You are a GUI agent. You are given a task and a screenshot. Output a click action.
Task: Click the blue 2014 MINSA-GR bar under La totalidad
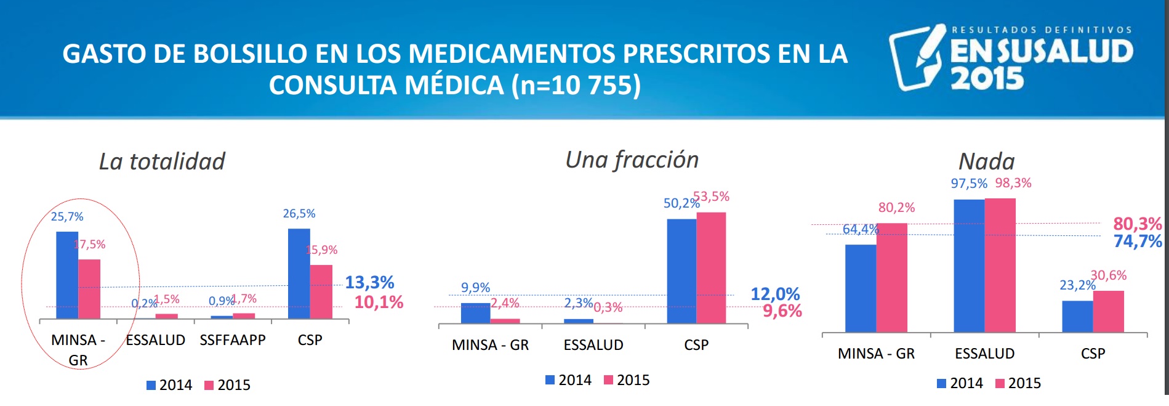point(67,275)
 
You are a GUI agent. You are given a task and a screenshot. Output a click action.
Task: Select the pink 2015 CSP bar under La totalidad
point(321,291)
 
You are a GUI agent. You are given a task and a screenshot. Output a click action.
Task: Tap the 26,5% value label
point(299,214)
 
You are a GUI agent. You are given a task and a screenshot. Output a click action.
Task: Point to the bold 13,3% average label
point(369,282)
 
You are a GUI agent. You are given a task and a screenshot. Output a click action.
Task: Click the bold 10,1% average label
point(379,302)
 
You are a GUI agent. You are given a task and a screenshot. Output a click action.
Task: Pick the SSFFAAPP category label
point(233,340)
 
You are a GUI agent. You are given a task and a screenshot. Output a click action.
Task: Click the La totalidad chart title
point(162,161)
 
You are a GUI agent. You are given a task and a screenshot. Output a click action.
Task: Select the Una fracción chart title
point(632,160)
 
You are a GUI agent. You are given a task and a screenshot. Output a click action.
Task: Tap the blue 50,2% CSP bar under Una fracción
point(681,270)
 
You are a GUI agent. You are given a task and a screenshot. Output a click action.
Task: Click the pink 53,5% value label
point(712,197)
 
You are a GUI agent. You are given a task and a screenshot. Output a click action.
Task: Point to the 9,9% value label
point(475,288)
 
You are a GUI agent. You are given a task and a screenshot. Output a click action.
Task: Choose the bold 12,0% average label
point(775,294)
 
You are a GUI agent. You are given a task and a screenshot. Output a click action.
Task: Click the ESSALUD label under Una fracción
point(593,345)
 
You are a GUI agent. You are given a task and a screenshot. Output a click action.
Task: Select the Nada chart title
point(986,161)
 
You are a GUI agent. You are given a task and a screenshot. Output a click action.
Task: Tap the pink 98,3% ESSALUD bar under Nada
point(1000,265)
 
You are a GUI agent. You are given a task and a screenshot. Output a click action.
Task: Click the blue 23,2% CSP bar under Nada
point(1077,316)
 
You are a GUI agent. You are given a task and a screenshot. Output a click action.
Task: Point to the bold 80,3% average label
point(1137,224)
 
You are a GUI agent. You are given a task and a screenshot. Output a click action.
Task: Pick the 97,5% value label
point(969,184)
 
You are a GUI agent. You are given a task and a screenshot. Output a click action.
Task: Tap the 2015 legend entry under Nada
point(1018,383)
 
